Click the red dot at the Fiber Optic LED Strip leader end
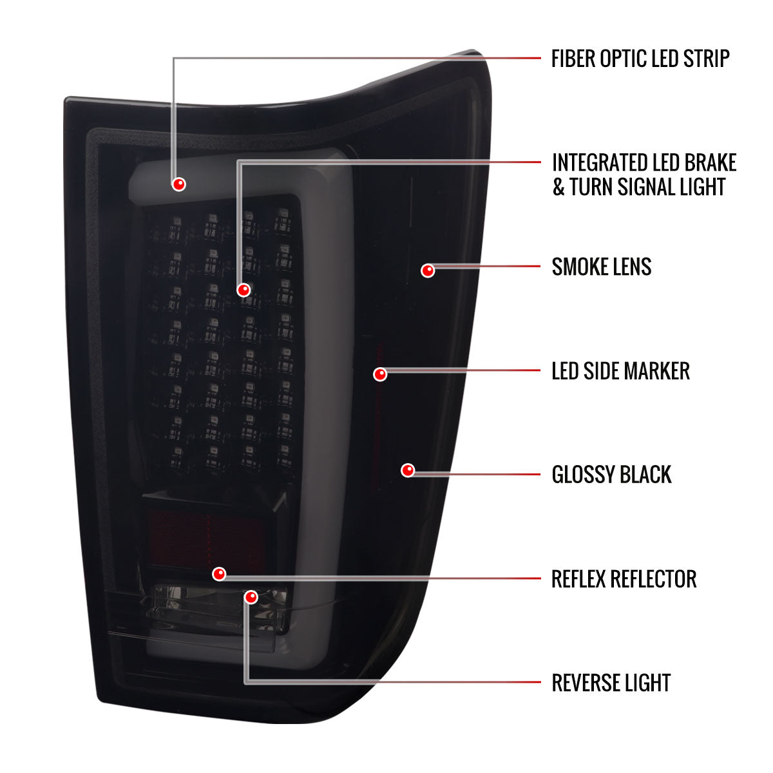tap(178, 184)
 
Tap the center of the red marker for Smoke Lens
tap(428, 271)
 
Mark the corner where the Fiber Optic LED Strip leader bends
tap(174, 59)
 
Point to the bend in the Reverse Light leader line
tap(246, 682)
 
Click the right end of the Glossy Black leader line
tap(540, 474)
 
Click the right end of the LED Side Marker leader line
tap(540, 370)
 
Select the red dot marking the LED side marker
tap(380, 374)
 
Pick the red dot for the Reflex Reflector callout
tap(219, 574)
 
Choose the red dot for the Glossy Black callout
tap(408, 470)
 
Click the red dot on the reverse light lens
tap(251, 597)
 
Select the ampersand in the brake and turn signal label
tap(558, 187)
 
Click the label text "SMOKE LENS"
tap(601, 267)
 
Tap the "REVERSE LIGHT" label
tap(611, 683)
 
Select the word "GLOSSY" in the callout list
tap(583, 475)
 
